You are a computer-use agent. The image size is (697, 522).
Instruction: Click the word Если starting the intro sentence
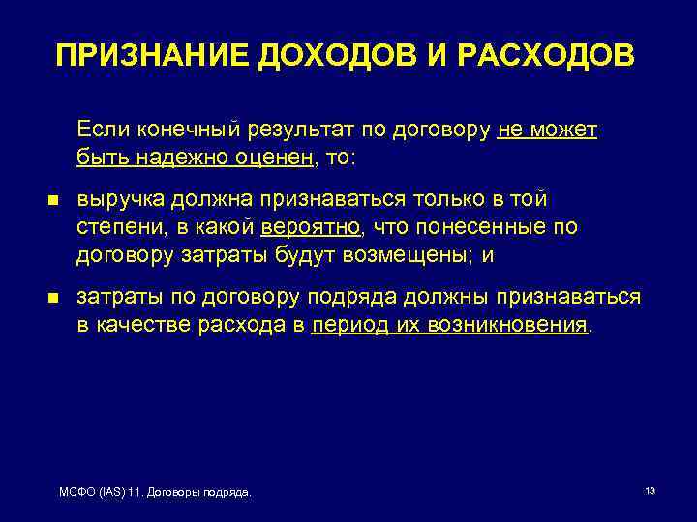tap(100, 130)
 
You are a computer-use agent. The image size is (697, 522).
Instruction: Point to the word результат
tap(305, 130)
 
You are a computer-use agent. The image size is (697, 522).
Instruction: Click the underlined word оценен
tap(275, 157)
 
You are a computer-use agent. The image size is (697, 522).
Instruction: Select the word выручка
tap(121, 200)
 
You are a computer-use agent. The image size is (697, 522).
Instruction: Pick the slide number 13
tap(650, 492)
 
